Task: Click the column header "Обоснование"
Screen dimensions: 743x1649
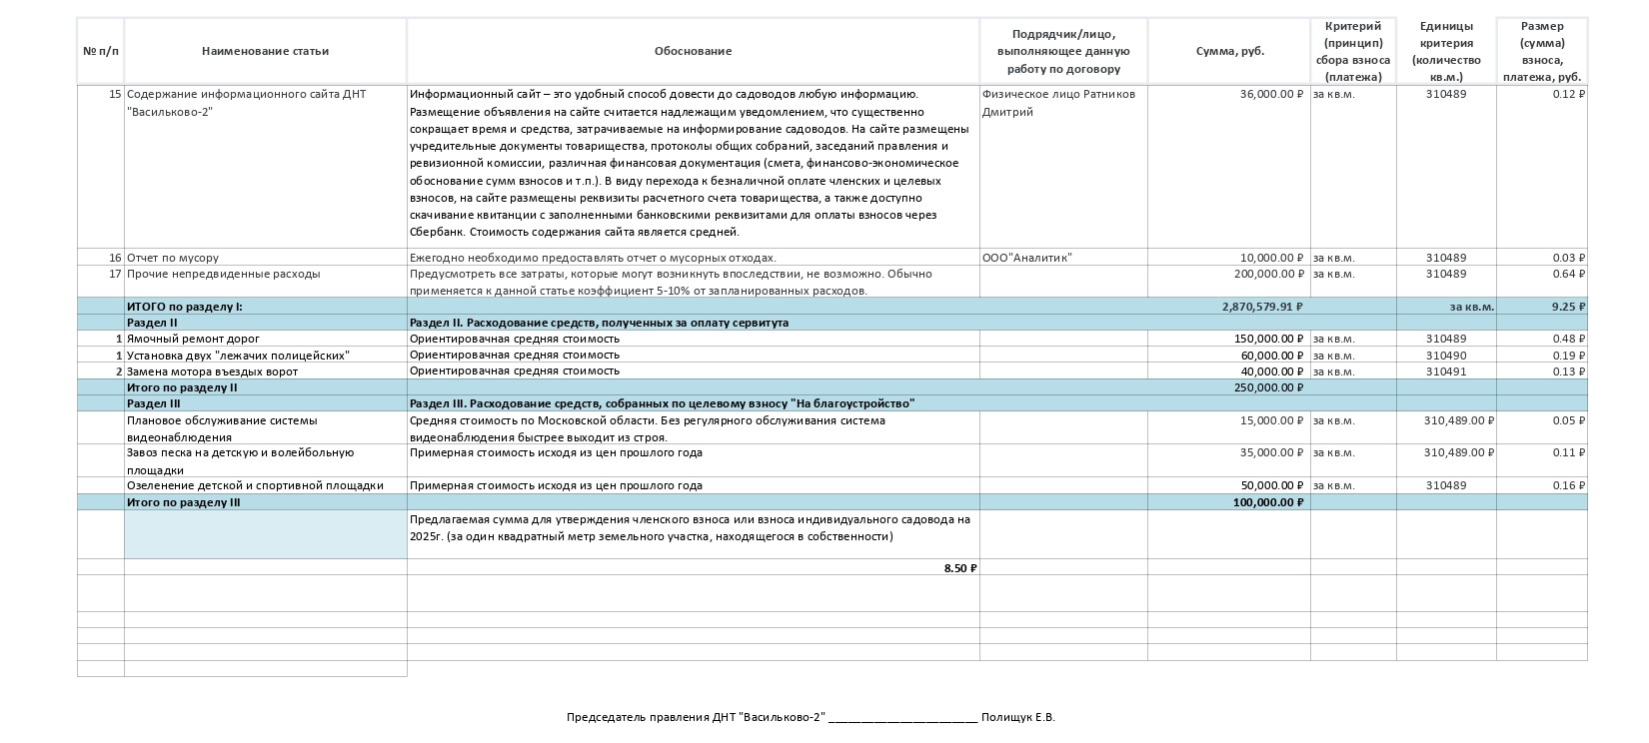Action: click(x=693, y=51)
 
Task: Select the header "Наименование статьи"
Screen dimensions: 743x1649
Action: click(x=265, y=51)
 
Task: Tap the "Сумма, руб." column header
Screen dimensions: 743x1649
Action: click(x=1229, y=51)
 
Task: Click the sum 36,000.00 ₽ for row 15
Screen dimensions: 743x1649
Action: click(x=1271, y=95)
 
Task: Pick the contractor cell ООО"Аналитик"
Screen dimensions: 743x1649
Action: click(x=1026, y=258)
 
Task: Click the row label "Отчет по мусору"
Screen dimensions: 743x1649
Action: click(x=173, y=258)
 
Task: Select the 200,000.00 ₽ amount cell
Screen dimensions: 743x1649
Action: click(x=1268, y=274)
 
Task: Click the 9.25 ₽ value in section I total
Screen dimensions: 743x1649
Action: click(x=1568, y=307)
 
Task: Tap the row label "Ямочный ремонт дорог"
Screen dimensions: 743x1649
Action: click(x=193, y=339)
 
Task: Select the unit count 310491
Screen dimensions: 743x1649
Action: click(x=1446, y=371)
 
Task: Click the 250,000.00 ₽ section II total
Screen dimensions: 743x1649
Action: click(x=1268, y=387)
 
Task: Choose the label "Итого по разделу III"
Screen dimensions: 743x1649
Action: click(x=183, y=502)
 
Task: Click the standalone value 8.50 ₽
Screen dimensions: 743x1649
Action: click(x=959, y=568)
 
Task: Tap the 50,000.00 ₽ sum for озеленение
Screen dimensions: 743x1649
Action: click(x=1271, y=485)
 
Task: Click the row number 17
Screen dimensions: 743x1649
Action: click(x=115, y=274)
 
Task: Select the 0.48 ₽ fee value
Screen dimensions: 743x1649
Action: click(x=1568, y=339)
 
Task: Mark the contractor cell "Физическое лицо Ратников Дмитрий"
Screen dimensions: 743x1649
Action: click(x=1058, y=103)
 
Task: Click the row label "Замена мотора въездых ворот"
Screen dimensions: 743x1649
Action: click(x=212, y=371)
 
